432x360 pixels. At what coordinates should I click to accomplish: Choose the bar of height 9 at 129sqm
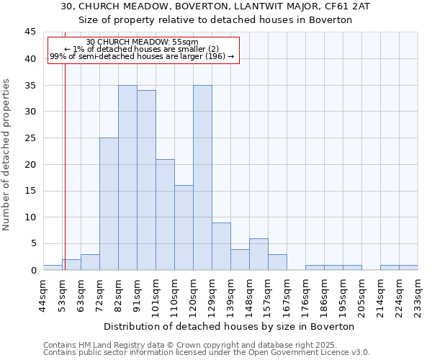(221, 246)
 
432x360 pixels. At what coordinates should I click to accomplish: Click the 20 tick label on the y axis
(30, 164)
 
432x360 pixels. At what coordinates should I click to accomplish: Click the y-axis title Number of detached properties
(7, 155)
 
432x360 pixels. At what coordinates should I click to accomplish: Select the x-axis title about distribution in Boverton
(230, 326)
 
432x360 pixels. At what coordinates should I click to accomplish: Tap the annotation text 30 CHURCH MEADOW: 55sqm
(142, 42)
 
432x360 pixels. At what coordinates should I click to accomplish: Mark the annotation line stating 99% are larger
(142, 56)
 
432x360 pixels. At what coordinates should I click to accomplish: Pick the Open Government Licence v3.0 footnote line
(207, 353)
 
